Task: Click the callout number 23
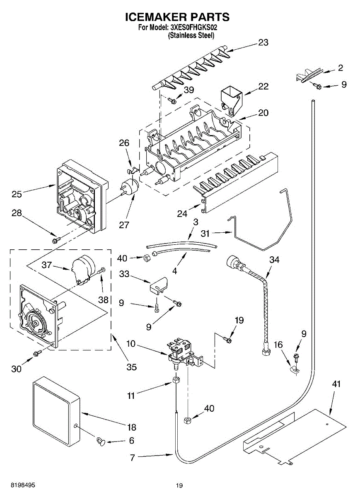coord(263,42)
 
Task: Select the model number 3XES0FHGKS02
coord(193,28)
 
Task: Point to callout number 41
coord(336,384)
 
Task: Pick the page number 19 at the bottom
coord(179,486)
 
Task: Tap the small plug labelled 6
coord(100,441)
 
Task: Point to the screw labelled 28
coord(55,240)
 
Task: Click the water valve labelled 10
coord(181,351)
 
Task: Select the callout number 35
coord(131,367)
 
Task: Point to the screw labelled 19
coord(227,340)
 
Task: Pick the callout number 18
coord(131,427)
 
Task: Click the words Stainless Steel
coord(191,36)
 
